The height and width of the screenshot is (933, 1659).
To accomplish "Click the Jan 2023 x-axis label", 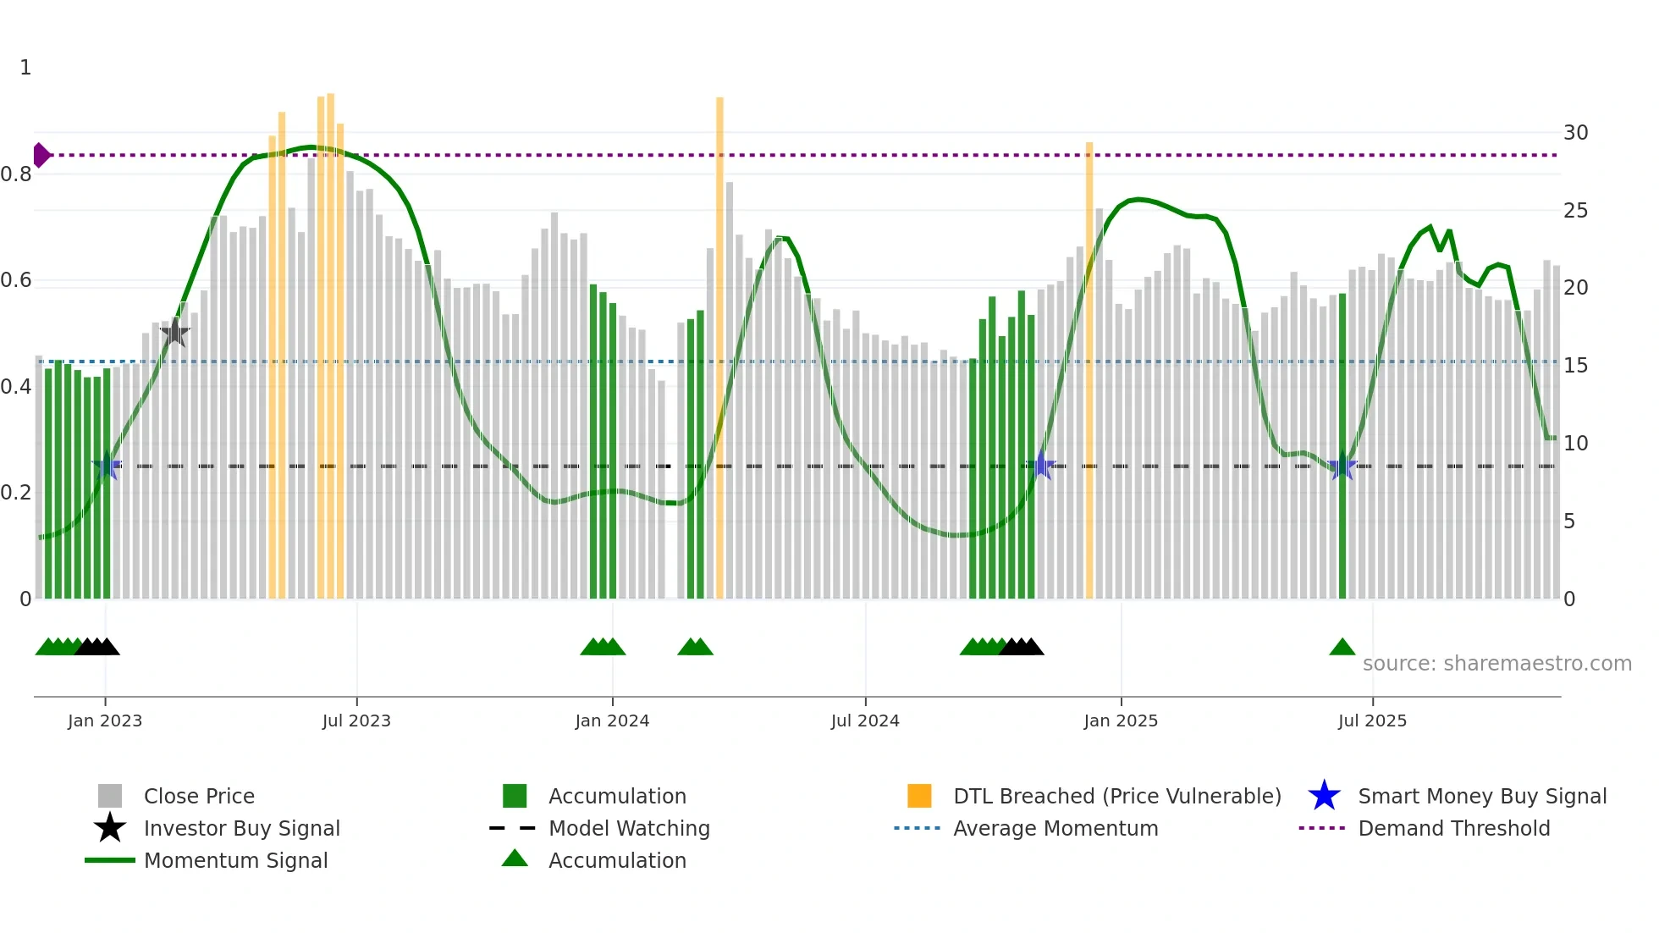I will point(105,720).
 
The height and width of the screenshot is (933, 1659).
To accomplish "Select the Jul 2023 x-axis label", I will point(356,720).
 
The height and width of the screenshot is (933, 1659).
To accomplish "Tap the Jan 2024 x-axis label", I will point(612,720).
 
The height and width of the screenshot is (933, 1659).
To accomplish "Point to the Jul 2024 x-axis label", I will point(865,720).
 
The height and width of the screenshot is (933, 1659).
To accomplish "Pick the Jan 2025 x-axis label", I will point(1121,720).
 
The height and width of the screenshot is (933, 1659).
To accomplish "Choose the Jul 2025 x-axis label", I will point(1372,720).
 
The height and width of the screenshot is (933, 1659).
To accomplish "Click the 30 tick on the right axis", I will point(1575,133).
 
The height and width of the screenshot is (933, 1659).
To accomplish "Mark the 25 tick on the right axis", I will point(1575,211).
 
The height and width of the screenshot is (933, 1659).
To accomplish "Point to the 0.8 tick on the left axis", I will point(16,174).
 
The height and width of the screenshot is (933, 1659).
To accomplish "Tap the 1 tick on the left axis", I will point(25,68).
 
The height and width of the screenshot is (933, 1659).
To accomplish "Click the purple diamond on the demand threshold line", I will point(41,155).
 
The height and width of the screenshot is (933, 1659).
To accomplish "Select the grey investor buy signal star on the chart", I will point(174,333).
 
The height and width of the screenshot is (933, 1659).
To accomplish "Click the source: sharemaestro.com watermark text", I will point(1496,664).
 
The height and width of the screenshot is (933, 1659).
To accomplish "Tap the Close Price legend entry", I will point(199,796).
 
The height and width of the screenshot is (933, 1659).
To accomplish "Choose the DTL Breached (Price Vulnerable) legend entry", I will point(1116,796).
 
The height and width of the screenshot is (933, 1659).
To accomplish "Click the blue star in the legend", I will point(1324,796).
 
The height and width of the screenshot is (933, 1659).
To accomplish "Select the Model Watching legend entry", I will point(629,828).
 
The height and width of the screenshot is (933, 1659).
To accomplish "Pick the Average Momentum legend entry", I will point(1055,828).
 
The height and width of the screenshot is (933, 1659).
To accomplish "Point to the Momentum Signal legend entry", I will point(235,860).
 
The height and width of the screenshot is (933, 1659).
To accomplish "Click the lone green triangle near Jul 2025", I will point(1342,648).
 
